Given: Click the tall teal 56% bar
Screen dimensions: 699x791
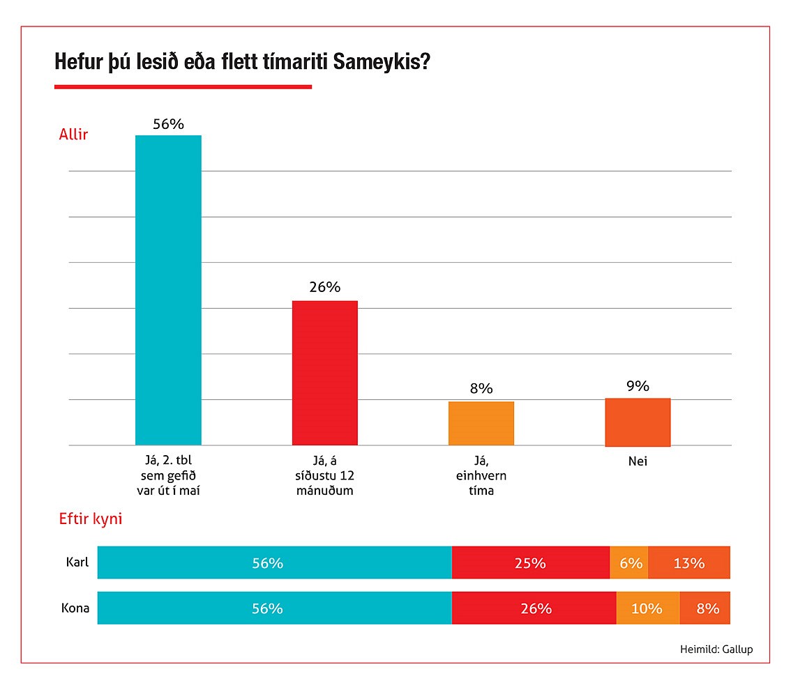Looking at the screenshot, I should [168, 290].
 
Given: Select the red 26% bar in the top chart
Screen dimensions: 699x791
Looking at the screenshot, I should [324, 373].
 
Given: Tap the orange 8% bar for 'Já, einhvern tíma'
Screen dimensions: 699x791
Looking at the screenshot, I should [481, 423].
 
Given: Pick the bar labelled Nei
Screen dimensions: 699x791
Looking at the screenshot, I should [638, 422].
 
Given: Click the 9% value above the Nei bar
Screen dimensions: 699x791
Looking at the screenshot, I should [638, 386].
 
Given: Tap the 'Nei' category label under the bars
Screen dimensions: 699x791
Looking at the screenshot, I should [638, 461].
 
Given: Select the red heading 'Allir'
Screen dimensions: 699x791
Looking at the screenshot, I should [73, 135].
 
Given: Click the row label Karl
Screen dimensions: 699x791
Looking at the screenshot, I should [77, 562].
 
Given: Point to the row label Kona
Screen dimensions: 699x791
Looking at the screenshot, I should [75, 608].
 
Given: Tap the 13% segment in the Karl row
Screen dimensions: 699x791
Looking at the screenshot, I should [689, 562].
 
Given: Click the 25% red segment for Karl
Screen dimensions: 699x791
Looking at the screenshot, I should [531, 562].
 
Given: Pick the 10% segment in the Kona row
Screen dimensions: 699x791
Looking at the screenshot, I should [647, 608].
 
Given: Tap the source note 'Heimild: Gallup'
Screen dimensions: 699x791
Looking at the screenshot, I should [716, 650].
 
